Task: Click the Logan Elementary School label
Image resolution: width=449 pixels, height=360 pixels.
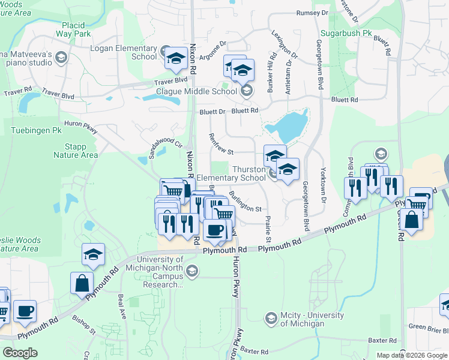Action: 124,52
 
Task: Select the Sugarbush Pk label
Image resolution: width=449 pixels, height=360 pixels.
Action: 346,32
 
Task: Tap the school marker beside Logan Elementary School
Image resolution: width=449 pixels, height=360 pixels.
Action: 175,58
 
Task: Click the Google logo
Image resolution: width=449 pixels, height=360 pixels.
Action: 20,352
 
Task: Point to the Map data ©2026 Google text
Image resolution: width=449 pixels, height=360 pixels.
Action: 411,355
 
